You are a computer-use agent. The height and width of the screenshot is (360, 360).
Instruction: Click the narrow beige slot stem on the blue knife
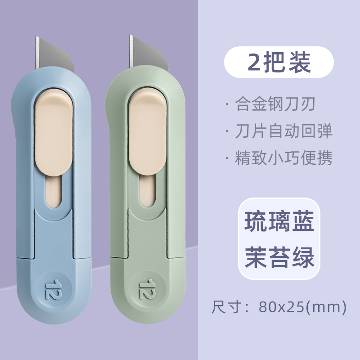pyautogui.click(x=54, y=189)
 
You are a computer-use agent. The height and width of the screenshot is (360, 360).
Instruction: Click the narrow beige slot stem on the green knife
pyautogui.click(x=147, y=189)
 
